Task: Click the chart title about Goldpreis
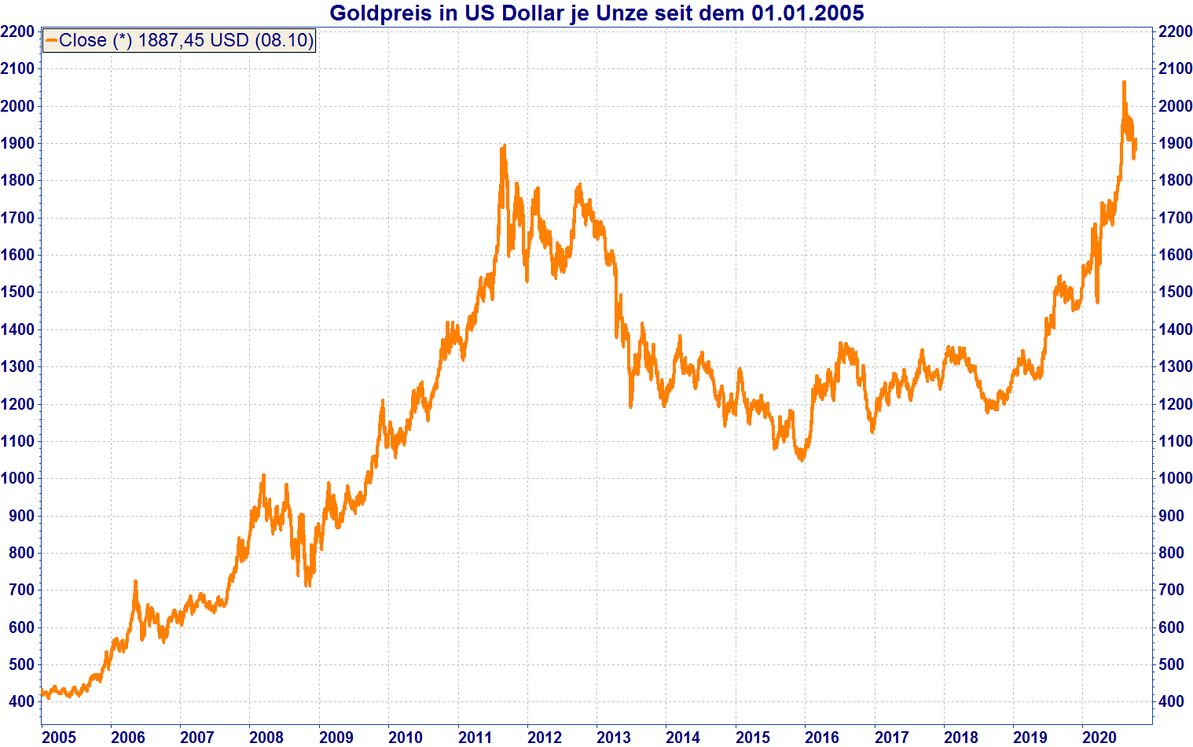point(596,13)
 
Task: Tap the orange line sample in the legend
point(51,40)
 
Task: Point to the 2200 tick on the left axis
point(17,31)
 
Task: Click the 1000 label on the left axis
point(17,478)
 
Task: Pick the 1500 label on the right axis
point(1175,292)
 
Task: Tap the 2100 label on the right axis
point(1175,68)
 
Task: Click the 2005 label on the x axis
point(59,737)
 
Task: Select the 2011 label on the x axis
point(475,737)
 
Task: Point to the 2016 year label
point(822,737)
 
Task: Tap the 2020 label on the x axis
point(1099,737)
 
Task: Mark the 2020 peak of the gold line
point(1124,82)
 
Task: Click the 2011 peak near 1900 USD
point(503,145)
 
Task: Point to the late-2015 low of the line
point(802,460)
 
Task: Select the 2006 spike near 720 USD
point(135,582)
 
